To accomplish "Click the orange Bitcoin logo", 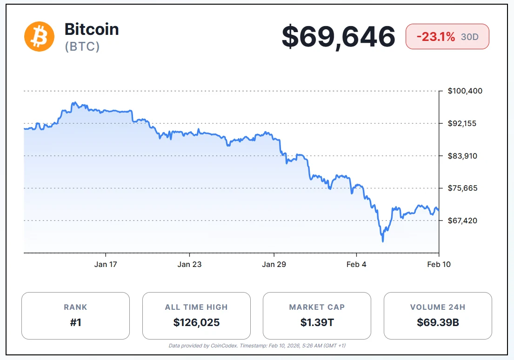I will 40,36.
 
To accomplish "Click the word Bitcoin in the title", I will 92,29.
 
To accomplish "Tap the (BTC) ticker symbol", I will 82,47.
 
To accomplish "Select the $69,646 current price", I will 338,37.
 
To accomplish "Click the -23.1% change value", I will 435,37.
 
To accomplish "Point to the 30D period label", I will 470,37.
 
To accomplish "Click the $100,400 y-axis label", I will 465,91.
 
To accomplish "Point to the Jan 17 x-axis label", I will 106,264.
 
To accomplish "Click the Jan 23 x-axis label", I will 189,264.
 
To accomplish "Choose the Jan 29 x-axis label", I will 274,264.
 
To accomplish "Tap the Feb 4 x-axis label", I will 357,264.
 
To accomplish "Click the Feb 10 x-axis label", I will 439,264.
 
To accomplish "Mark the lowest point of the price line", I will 383,241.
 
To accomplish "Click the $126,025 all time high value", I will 196,322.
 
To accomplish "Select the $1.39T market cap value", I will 317,322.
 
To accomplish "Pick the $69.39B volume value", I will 438,322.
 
